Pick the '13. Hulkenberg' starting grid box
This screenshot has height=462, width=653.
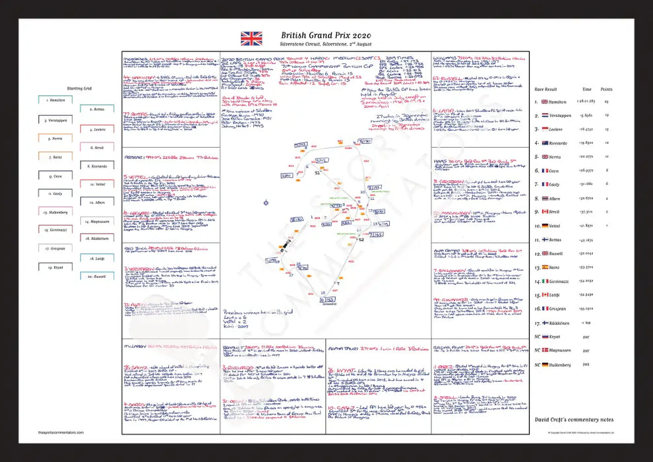(x=55, y=212)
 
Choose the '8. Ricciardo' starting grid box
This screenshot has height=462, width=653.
(x=96, y=166)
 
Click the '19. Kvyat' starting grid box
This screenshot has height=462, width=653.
(x=55, y=267)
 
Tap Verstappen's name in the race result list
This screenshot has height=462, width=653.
(x=561, y=115)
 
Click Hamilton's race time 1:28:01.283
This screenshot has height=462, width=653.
(x=586, y=102)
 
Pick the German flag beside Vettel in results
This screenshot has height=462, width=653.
(x=544, y=226)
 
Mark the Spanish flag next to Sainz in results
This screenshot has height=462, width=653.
(x=544, y=267)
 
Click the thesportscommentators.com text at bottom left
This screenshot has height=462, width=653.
(x=57, y=432)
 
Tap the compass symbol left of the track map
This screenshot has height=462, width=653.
(x=266, y=203)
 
